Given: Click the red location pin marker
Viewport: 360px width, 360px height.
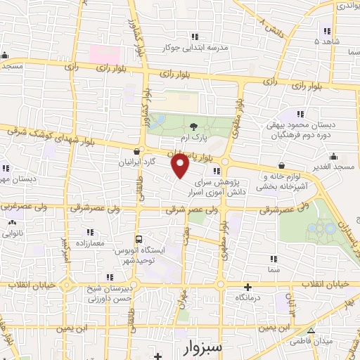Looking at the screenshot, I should tap(180, 165).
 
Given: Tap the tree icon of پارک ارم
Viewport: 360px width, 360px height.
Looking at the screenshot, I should tap(193, 127).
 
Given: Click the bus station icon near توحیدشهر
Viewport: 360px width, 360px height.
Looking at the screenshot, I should tap(139, 239).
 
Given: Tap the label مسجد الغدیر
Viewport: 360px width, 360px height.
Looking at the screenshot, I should tap(334, 167).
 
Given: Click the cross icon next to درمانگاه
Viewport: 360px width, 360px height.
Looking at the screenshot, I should tap(247, 287).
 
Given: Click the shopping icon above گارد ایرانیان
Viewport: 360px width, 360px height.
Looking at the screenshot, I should tap(136, 150).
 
